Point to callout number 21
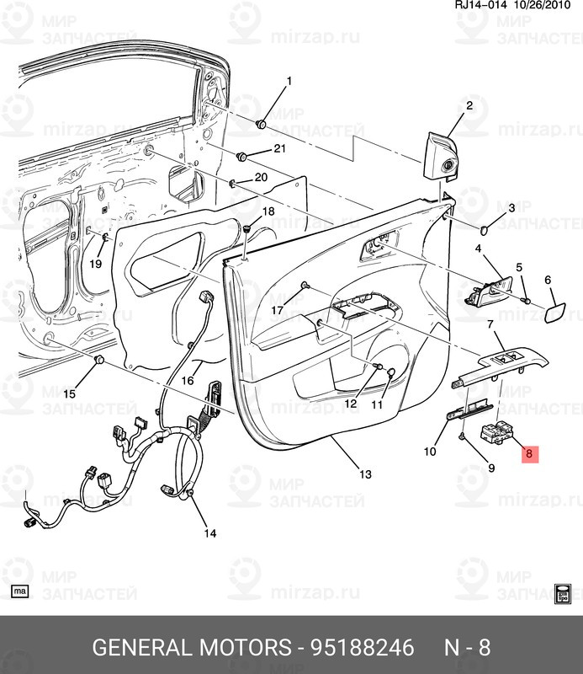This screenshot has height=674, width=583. coord(279,149)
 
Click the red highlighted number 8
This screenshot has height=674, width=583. coord(528,454)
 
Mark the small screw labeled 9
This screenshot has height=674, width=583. coord(464,437)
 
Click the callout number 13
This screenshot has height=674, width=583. coord(365,474)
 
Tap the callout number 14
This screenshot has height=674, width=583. coord(209,532)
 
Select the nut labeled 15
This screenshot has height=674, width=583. coord(98,361)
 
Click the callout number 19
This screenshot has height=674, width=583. coord(95,264)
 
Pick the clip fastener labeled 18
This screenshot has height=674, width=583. coord(247,227)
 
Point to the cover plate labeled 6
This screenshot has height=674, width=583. coord(555,315)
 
